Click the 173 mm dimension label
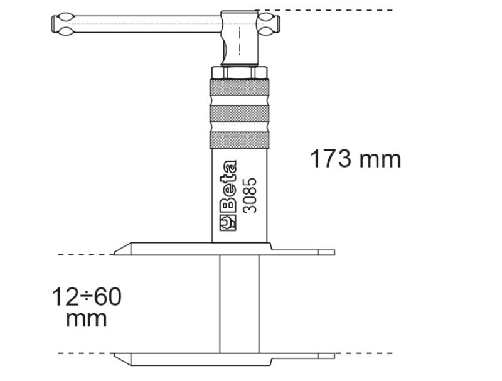(355, 158)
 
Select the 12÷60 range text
(87, 296)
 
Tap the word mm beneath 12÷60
(87, 318)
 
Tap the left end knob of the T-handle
(61, 24)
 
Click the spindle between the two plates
(238, 304)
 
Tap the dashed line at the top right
(326, 10)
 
